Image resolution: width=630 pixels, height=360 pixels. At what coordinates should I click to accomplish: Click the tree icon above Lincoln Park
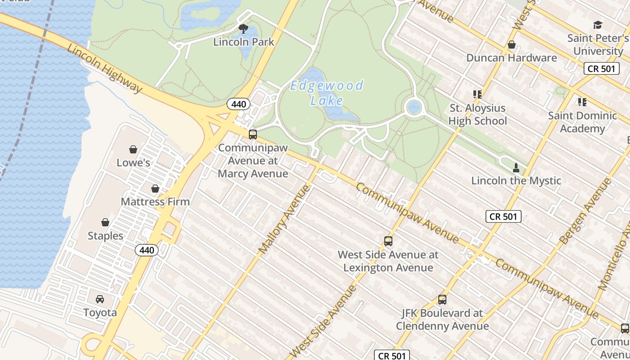point(243,29)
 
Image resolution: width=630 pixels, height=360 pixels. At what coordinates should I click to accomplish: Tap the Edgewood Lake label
point(327,93)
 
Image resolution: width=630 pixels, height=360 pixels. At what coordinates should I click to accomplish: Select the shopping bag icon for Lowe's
point(133,149)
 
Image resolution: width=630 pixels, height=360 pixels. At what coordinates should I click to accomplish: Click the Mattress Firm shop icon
point(155,189)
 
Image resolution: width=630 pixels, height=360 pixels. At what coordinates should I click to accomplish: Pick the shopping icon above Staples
point(105,222)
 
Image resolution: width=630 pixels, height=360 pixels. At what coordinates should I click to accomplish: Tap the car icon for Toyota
point(100,299)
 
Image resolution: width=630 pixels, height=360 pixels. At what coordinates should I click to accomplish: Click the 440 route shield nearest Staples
point(147,250)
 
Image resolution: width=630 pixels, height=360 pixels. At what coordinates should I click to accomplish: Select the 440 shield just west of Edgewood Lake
point(238,104)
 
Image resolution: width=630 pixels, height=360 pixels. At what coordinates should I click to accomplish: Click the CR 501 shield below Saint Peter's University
point(602,69)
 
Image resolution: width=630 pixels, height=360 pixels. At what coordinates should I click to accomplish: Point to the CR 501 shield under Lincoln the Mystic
point(504,216)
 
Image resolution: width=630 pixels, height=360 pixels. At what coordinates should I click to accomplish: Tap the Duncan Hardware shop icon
point(511,45)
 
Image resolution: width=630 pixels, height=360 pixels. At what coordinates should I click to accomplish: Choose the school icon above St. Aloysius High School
point(477,94)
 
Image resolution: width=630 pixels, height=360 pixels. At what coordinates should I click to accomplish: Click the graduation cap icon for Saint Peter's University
point(598,25)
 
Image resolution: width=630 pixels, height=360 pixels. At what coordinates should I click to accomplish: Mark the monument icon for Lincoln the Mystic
point(516,168)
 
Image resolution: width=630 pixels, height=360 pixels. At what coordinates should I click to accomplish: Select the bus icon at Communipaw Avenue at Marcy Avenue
point(253,134)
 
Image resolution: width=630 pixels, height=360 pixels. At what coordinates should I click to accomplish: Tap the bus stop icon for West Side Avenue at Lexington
point(388,241)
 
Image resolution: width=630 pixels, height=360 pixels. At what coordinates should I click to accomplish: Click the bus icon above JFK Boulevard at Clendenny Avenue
point(442,300)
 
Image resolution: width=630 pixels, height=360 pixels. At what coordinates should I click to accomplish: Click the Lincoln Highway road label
point(105,69)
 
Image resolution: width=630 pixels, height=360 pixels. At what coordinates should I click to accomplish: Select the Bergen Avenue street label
point(585,212)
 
